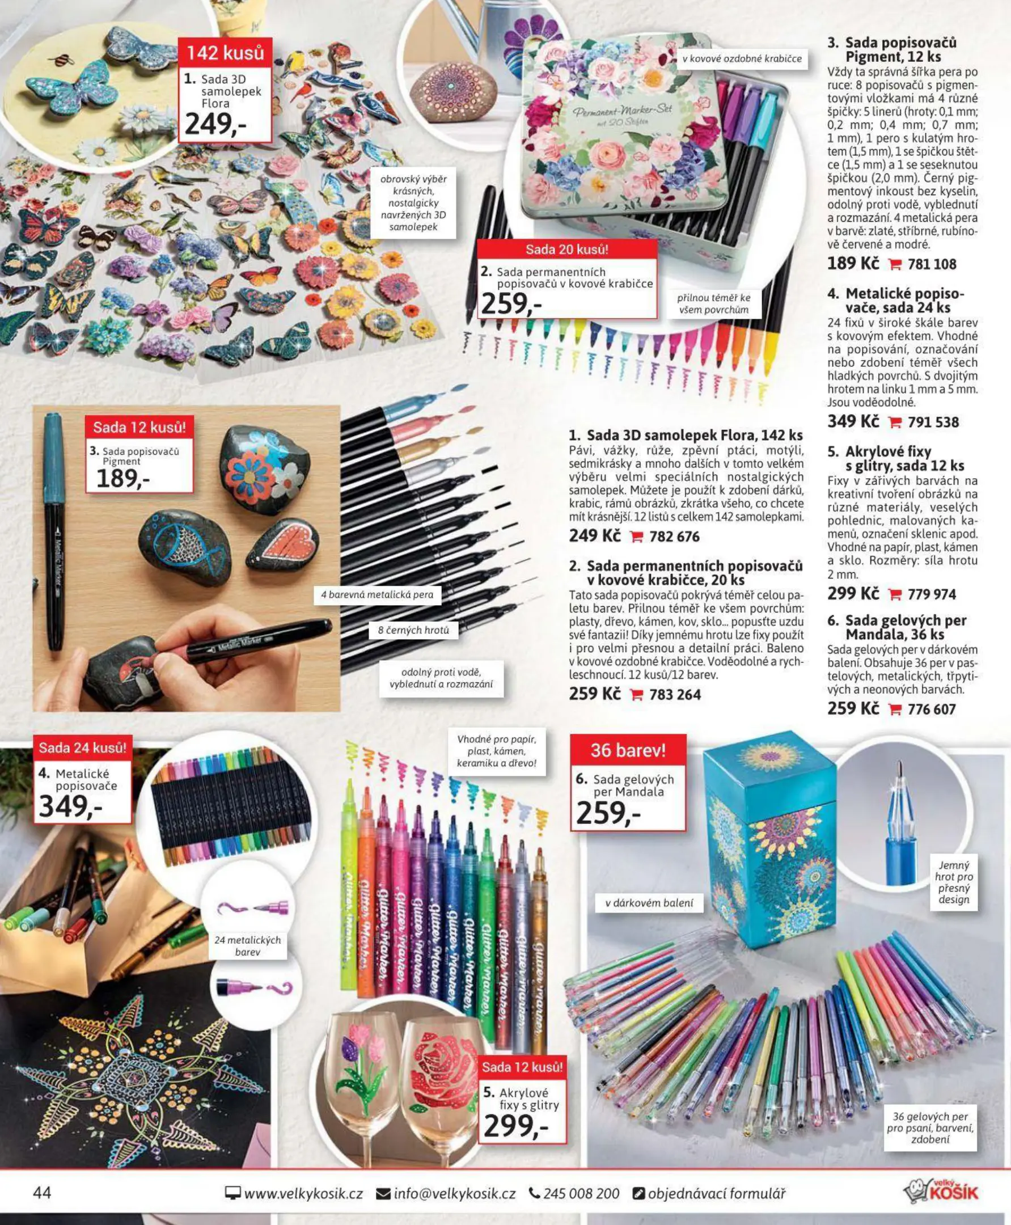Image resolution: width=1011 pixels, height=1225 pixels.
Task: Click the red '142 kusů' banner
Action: coord(225,53)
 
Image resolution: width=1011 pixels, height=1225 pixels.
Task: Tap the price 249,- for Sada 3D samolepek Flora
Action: coord(216,124)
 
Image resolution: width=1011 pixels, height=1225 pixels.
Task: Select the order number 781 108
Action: coord(932,264)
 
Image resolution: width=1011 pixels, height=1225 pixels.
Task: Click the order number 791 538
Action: coord(933,423)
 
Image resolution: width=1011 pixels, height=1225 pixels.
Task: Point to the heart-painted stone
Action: coord(284,546)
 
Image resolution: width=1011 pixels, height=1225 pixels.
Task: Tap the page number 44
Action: coord(42,1192)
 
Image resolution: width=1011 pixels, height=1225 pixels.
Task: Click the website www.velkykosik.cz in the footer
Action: coord(303,1194)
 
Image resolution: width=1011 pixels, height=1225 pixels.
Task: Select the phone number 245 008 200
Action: coord(581,1194)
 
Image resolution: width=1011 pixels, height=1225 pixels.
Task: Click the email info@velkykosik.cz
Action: coord(454,1194)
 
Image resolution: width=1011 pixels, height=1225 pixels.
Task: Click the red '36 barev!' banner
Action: coord(628,750)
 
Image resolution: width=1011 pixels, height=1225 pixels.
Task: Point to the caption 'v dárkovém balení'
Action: coord(649,903)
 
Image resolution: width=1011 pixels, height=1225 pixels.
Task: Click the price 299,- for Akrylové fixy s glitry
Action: coord(516,1126)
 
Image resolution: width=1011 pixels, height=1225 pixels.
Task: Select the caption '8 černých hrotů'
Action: coord(413,630)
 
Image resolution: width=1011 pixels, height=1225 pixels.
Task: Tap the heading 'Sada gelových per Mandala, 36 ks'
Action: coord(906,627)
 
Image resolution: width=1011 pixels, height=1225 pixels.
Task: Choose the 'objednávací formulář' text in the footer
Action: coord(716,1194)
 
